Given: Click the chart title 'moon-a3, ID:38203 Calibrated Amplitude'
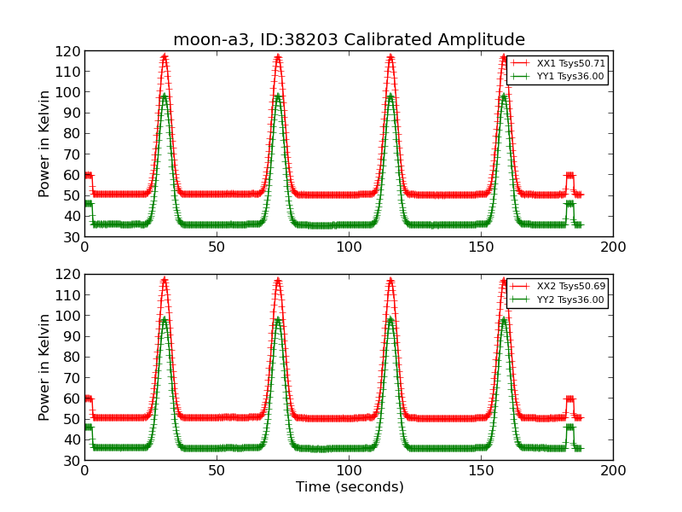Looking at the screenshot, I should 349,39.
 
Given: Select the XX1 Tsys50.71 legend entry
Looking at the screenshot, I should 558,63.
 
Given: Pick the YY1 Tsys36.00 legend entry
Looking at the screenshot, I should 558,76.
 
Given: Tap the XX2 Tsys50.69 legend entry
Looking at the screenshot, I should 558,287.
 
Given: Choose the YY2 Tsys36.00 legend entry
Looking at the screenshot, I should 558,300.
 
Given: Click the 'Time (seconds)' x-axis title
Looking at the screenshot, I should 349,487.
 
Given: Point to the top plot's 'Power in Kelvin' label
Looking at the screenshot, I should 45,143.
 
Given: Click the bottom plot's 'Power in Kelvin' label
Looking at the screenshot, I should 45,367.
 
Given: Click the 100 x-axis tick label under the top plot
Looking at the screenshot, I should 349,247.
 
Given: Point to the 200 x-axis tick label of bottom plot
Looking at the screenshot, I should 612,471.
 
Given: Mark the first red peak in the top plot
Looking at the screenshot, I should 164,58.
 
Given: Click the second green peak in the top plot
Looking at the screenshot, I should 278,96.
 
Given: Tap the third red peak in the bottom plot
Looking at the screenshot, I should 390,281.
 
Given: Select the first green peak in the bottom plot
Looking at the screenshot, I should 164,319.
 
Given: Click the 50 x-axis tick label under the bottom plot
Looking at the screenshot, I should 217,471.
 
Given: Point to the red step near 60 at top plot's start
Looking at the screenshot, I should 88,175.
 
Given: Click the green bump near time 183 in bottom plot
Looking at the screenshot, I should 569,427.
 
